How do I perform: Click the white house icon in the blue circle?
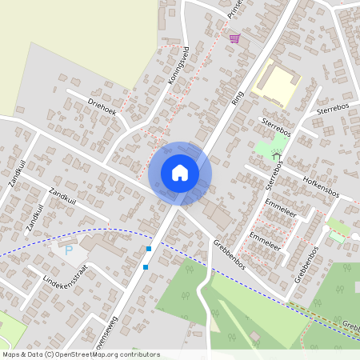point(180,172)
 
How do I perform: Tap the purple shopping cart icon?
point(234,38)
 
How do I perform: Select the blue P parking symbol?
point(68,250)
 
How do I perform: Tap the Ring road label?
point(236,98)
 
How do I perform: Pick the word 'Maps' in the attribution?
point(12,354)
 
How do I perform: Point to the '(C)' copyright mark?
point(50,354)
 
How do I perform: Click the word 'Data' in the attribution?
point(34,354)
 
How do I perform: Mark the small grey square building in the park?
point(255,335)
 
